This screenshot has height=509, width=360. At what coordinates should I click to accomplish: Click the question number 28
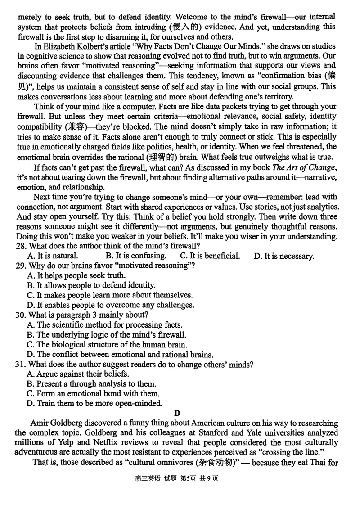pyautogui.click(x=21, y=246)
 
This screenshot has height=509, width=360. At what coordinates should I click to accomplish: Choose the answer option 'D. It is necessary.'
pyautogui.click(x=283, y=257)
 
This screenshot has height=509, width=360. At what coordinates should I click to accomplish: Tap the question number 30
pyautogui.click(x=21, y=315)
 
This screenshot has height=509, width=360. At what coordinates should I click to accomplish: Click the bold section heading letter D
pyautogui.click(x=177, y=413)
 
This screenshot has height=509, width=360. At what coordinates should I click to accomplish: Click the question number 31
pyautogui.click(x=21, y=364)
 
